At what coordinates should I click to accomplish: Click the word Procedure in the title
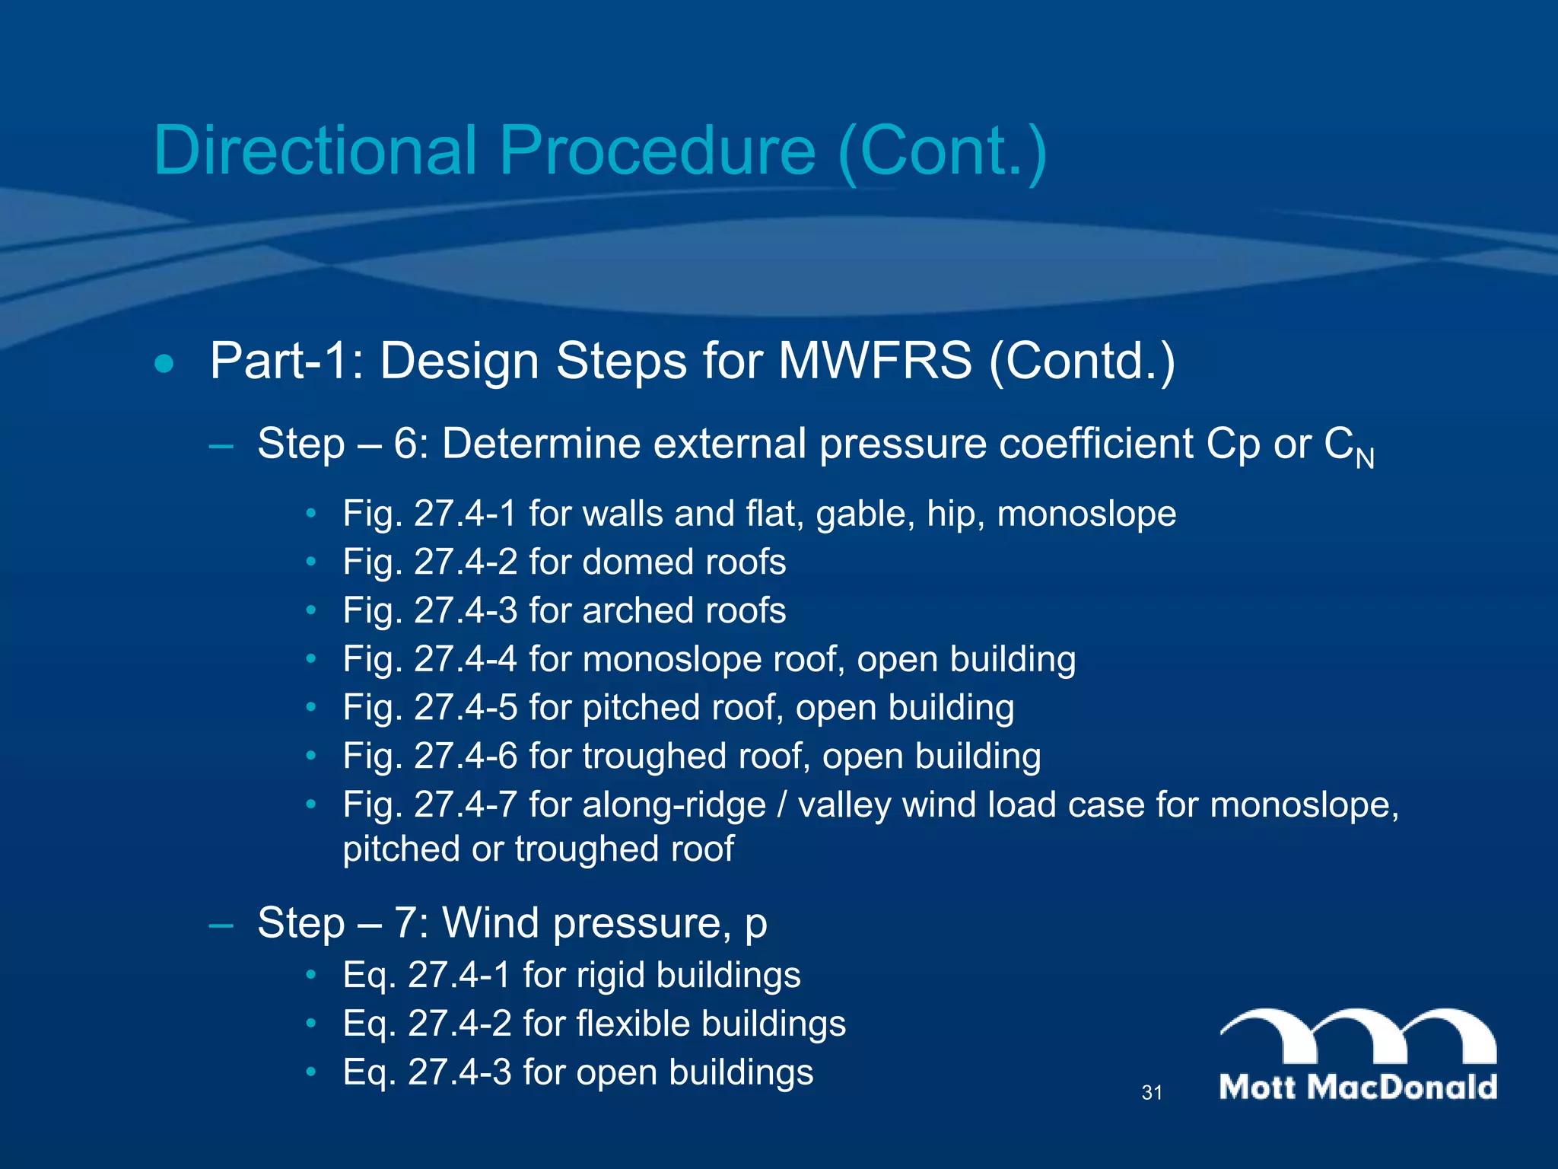pos(658,150)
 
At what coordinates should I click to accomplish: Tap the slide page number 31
pos(1152,1093)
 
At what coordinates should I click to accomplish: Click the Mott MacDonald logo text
pos(1358,1087)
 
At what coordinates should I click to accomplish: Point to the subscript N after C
pos(1365,459)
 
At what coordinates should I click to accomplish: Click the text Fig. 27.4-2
pos(430,562)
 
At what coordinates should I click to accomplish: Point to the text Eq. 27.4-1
pos(426,976)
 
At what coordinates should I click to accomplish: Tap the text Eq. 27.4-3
pos(426,1072)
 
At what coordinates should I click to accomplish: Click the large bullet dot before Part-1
pos(164,364)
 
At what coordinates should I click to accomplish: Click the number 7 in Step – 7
pos(405,923)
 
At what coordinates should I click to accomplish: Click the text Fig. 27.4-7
pos(430,805)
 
